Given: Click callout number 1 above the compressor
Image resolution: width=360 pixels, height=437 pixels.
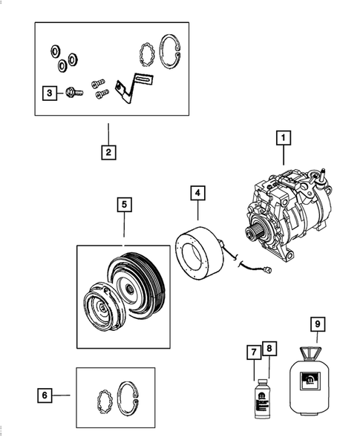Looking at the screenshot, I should pyautogui.click(x=282, y=137).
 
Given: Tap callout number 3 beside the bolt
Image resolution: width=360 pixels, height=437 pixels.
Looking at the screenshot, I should pyautogui.click(x=48, y=93).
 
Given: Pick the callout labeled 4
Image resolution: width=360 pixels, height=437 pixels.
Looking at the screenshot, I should pyautogui.click(x=197, y=193).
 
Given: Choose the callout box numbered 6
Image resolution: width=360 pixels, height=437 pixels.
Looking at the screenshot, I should pyautogui.click(x=45, y=395).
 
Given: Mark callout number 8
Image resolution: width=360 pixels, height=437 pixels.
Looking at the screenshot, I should pyautogui.click(x=269, y=348).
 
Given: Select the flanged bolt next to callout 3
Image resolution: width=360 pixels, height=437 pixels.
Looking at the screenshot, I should pyautogui.click(x=73, y=93).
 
